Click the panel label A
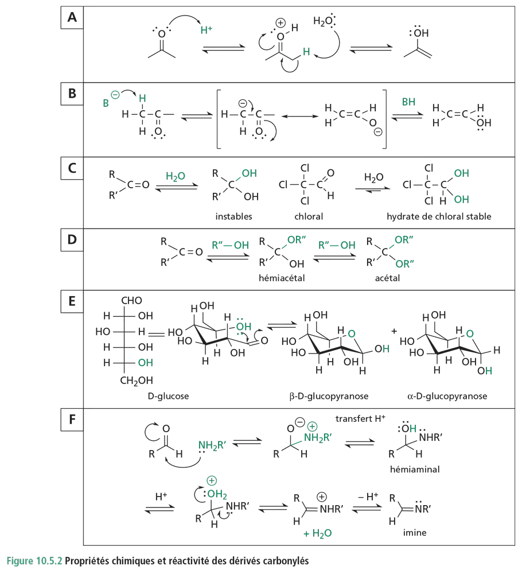(72, 18)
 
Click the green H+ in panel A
(206, 31)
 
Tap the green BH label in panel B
(409, 102)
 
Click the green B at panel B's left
(106, 104)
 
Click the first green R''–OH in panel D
(231, 245)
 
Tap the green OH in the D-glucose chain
(145, 363)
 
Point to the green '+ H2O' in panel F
(318, 533)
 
